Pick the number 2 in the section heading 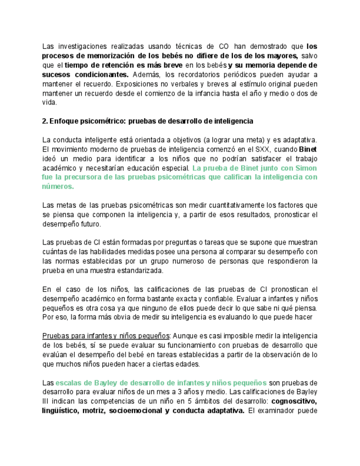click(x=44, y=121)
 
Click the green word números click(x=57, y=186)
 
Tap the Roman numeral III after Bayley click(x=47, y=401)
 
